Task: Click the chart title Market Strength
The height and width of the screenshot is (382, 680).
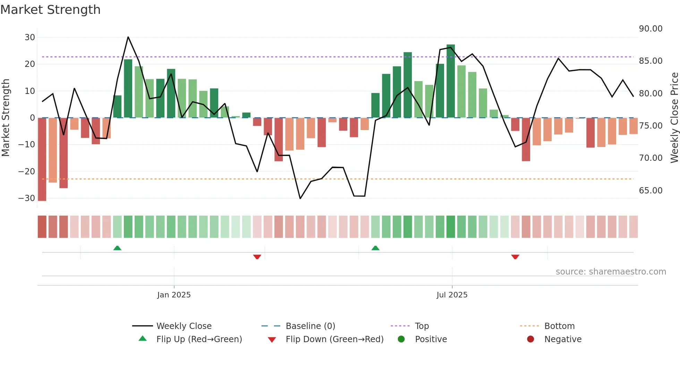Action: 50,10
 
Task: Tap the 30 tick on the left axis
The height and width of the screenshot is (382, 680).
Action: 30,37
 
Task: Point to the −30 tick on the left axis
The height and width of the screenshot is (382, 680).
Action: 27,198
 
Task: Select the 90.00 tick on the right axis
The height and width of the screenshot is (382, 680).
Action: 651,29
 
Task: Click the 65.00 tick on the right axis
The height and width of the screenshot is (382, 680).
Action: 651,191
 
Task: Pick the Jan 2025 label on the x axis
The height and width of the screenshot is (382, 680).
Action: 174,295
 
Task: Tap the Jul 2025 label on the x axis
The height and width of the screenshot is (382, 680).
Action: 452,295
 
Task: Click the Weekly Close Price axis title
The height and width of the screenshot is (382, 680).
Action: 674,118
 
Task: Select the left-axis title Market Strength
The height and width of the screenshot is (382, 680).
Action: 6,118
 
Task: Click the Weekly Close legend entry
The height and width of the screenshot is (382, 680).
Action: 184,326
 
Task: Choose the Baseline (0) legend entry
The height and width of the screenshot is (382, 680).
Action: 310,326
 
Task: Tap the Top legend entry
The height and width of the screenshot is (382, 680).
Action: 422,326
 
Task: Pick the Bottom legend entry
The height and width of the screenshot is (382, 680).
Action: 559,326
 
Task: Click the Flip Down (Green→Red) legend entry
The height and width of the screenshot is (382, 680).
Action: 334,339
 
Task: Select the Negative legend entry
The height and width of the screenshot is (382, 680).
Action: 562,339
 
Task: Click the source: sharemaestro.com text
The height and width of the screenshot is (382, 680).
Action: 611,272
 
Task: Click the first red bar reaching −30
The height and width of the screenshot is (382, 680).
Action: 42,159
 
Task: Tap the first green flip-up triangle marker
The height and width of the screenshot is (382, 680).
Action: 117,248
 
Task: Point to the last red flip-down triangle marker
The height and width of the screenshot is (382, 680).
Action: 515,257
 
